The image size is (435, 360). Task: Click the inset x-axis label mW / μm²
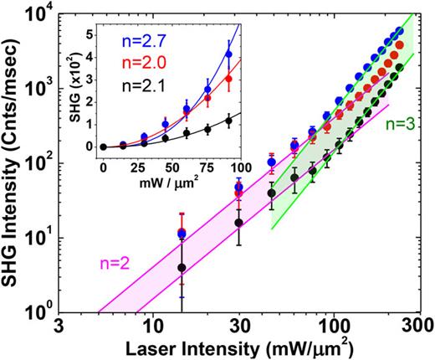point(171,178)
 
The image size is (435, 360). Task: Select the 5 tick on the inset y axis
point(93,37)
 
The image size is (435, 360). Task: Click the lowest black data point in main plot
point(182,268)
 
